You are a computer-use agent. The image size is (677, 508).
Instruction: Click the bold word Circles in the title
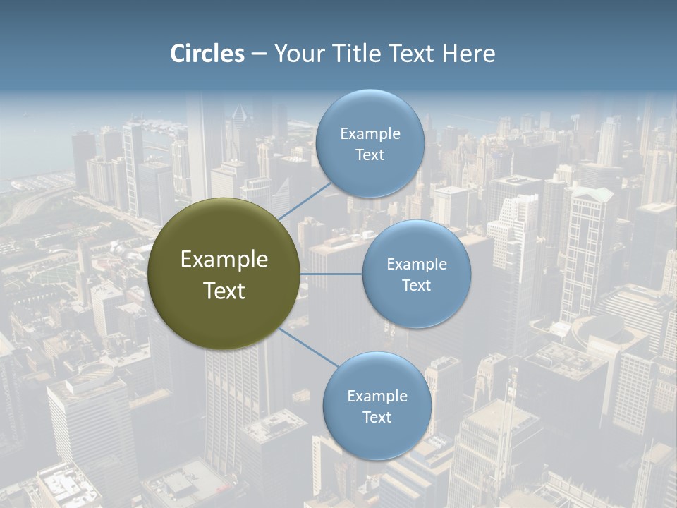(x=207, y=54)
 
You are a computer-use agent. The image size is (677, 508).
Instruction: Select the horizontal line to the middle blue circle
(x=331, y=274)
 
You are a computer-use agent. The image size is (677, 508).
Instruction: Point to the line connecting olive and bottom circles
(x=307, y=348)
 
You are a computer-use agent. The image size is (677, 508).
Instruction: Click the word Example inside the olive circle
(x=224, y=260)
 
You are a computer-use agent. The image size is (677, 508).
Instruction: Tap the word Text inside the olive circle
(x=224, y=291)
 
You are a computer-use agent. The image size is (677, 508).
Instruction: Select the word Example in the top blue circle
(x=370, y=134)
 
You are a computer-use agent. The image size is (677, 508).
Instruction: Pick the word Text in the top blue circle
(x=370, y=155)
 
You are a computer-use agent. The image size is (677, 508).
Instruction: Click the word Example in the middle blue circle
(x=416, y=265)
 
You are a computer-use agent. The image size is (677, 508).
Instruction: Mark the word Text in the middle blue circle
(x=416, y=285)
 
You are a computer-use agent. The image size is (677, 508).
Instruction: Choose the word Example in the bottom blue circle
(x=377, y=397)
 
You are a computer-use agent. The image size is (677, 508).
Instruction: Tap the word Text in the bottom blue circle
(x=377, y=417)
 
